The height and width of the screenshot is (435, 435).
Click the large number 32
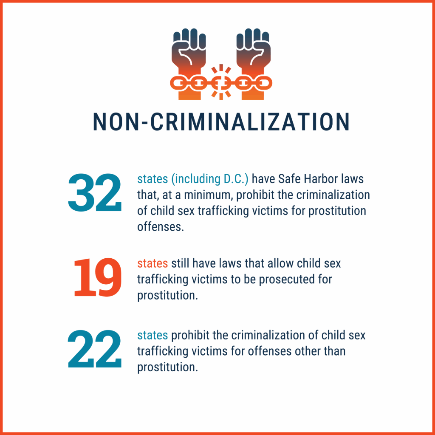tap(94, 193)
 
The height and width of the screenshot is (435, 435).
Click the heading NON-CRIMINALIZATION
tap(221, 122)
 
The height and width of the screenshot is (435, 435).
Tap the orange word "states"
tap(153, 264)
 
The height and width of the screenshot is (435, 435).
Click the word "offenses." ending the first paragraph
tap(160, 226)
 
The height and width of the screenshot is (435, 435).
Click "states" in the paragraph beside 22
tap(153, 336)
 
